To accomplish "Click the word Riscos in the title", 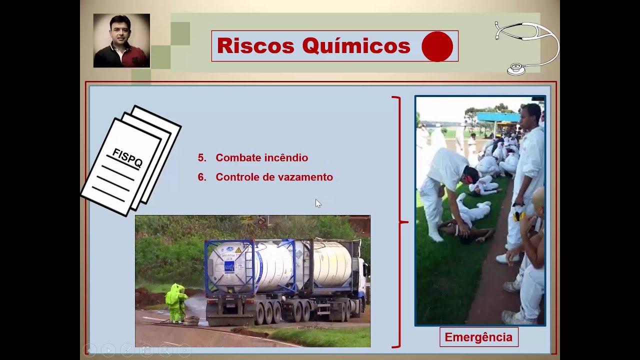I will tap(255, 46).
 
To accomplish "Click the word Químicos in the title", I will tap(356, 46).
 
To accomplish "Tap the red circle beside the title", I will tap(437, 46).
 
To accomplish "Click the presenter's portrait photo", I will tap(121, 40).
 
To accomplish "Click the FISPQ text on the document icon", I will tap(127, 157).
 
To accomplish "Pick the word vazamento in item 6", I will tap(305, 177).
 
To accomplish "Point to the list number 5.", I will tap(201, 158).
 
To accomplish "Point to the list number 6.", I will tap(201, 177).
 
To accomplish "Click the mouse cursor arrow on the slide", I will tap(318, 203).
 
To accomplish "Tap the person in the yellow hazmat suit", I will tap(175, 302).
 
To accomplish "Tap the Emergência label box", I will tap(478, 337).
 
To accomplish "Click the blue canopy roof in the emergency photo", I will tap(498, 117).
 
